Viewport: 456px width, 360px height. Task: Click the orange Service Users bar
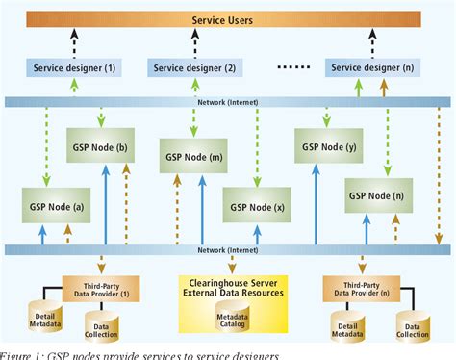pos(227,18)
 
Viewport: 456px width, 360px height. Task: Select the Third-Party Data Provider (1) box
pos(101,286)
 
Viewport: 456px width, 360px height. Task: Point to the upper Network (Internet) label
pos(228,101)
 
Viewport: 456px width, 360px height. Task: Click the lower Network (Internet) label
pos(228,249)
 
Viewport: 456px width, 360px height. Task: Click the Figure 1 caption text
pos(139,354)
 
